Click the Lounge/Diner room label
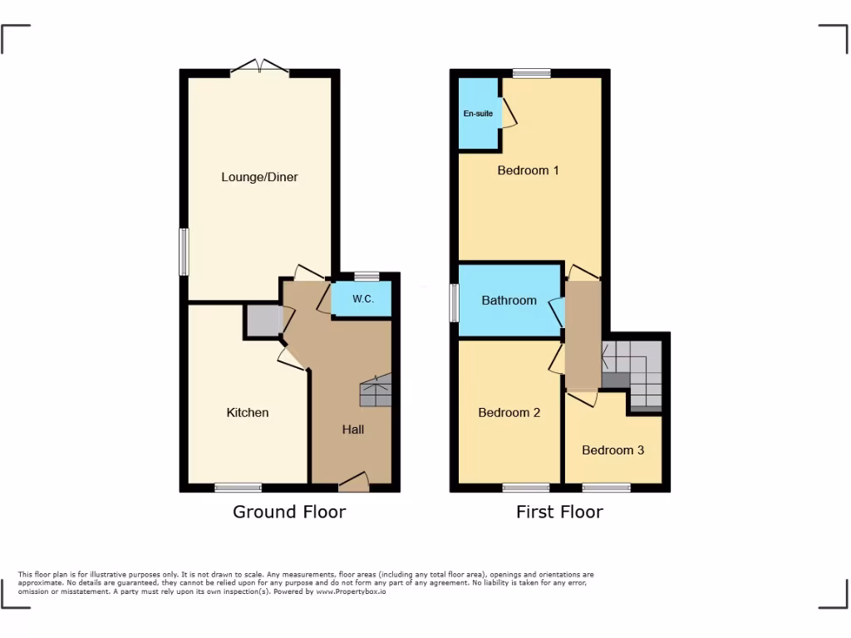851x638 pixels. [259, 177]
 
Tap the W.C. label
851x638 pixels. [362, 299]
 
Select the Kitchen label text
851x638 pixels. [248, 412]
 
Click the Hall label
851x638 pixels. [353, 429]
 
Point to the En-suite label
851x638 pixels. [478, 114]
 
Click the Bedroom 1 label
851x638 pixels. [528, 170]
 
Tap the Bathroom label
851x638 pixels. [509, 300]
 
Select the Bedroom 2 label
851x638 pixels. [509, 412]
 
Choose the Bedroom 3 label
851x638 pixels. [612, 450]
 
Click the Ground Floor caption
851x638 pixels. [288, 512]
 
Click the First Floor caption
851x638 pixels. [559, 512]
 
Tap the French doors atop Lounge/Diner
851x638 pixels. [260, 66]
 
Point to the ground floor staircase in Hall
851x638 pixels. [375, 390]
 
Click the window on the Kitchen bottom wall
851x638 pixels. [239, 488]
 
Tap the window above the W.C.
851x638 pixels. [366, 277]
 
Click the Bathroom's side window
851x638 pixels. [455, 303]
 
